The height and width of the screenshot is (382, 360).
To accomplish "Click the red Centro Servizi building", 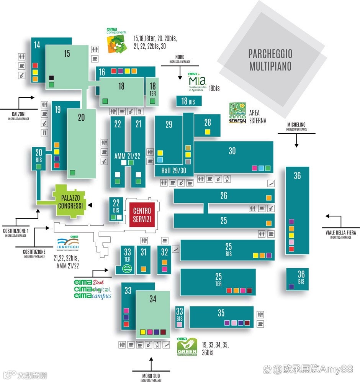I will pos(142,215).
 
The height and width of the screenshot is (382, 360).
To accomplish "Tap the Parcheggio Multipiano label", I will pos(270,60).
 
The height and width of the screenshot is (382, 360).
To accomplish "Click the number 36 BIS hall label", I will pos(301,277).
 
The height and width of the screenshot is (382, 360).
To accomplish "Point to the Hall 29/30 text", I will pos(174,171).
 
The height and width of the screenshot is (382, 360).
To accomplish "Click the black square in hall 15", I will pos(51,78).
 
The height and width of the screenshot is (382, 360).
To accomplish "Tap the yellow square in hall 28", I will pos(208,132).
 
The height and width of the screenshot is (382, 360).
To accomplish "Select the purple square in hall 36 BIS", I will pos(291,286).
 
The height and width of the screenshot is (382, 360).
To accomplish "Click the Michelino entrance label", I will pos(296,126).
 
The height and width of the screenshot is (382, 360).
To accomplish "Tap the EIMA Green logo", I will pos(187,346).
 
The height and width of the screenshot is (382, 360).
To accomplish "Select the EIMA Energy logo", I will pos(237,113).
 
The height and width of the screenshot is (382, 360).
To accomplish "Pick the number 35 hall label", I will pos(221,313).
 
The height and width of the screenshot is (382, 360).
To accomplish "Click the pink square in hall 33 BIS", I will pos(179,325).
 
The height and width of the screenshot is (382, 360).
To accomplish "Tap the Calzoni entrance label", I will pos(18,115).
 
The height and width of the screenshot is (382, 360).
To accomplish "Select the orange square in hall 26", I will pos(269,198).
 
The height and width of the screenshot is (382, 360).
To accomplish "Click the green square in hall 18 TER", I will pos(152,101).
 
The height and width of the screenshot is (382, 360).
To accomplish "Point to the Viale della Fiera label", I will pos(340,233).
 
